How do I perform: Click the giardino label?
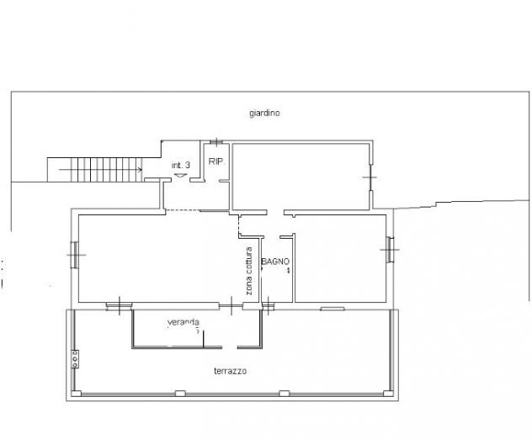tap(264, 113)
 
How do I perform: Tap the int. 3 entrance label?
tap(180, 166)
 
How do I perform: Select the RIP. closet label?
tap(216, 161)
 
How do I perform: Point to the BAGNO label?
tap(275, 262)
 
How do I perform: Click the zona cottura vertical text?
tap(249, 271)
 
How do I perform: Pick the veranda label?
tap(184, 322)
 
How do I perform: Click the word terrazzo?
tap(231, 371)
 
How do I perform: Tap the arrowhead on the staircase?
tap(140, 170)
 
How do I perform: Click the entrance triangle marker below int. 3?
tap(180, 175)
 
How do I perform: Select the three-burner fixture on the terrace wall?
tap(75, 359)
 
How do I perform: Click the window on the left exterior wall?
tap(75, 255)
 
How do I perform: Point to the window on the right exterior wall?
tap(390, 250)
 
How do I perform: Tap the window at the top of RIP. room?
tap(215, 141)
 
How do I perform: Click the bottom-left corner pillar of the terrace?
tap(76, 394)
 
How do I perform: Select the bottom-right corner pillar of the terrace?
tap(388, 394)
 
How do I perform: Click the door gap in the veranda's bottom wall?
tap(230, 347)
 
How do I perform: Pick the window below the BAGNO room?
tap(268, 306)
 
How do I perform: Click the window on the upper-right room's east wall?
tap(370, 177)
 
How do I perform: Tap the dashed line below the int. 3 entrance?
tap(183, 210)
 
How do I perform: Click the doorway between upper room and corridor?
tap(275, 213)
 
